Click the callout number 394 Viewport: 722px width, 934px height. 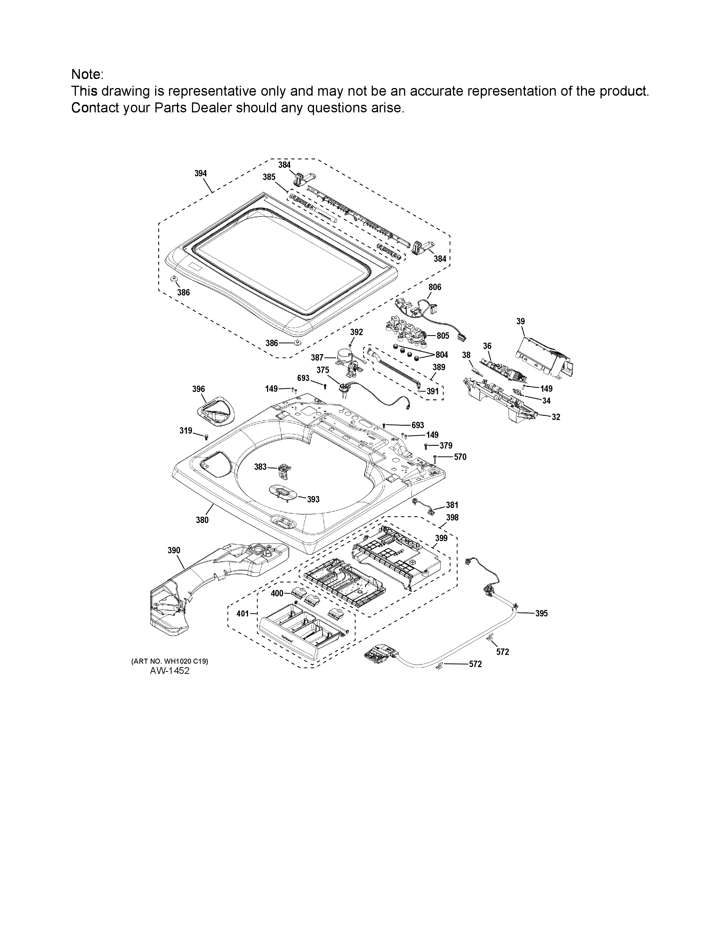[201, 173]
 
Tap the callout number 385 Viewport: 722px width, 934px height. [269, 177]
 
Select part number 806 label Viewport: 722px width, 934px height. [435, 287]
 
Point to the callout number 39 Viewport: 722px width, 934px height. [520, 321]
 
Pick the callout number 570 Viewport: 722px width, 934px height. [460, 457]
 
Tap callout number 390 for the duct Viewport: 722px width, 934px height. [174, 550]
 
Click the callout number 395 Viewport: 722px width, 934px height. [541, 613]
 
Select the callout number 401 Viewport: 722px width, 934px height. [243, 614]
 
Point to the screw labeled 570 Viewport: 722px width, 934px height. [435, 458]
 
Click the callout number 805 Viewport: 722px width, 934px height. [443, 336]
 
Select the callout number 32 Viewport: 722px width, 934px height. [556, 417]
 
